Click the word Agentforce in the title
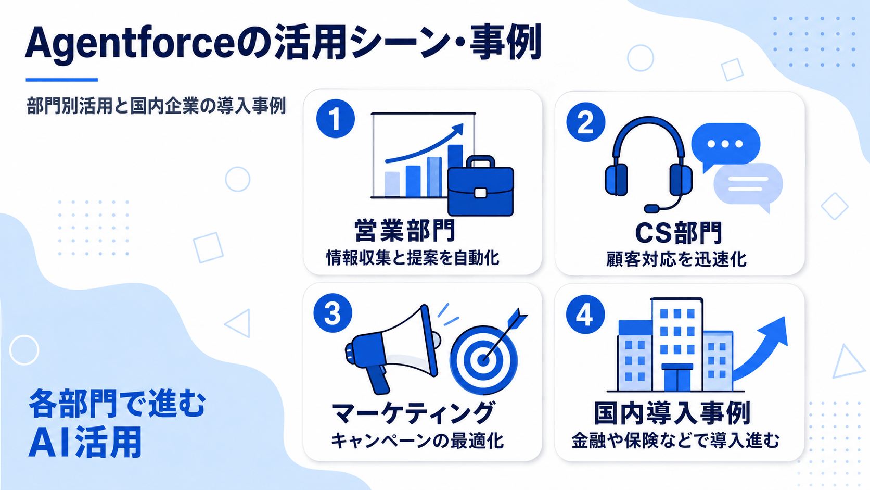click(x=130, y=44)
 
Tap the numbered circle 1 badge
click(x=336, y=119)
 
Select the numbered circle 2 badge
click(x=586, y=122)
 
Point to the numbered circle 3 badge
click(x=333, y=313)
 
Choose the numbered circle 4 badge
click(x=585, y=315)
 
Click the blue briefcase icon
click(x=481, y=186)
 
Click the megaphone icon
click(x=392, y=350)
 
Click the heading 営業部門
click(x=404, y=231)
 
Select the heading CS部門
click(x=679, y=233)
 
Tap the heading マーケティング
click(x=413, y=413)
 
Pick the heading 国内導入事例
click(x=672, y=413)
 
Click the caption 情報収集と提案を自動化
click(x=413, y=258)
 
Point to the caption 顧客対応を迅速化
click(x=676, y=259)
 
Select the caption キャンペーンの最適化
click(x=417, y=441)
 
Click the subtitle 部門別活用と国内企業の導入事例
click(x=156, y=106)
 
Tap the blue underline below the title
click(x=62, y=80)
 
